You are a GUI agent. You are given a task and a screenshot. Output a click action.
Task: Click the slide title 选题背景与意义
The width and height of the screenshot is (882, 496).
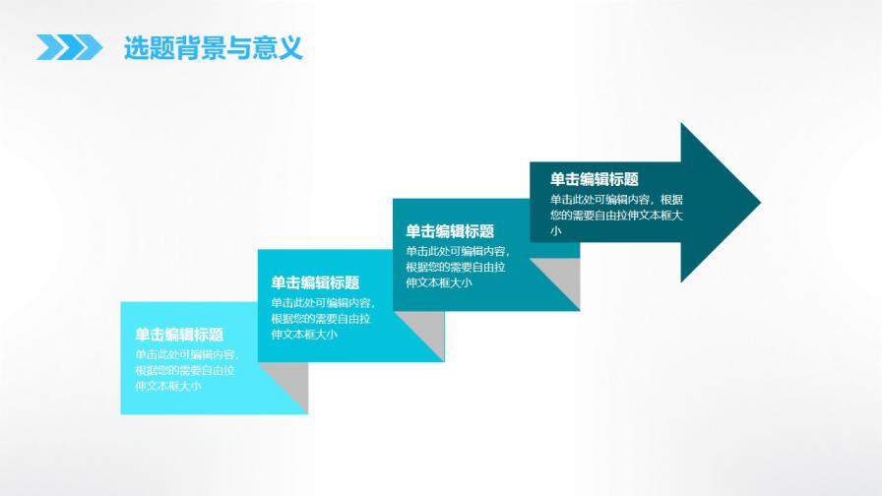pyautogui.click(x=213, y=47)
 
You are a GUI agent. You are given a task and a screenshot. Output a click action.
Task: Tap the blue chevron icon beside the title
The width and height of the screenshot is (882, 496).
pyautogui.click(x=70, y=47)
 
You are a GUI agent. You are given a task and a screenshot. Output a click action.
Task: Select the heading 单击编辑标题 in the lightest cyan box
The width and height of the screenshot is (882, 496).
pyautogui.click(x=179, y=335)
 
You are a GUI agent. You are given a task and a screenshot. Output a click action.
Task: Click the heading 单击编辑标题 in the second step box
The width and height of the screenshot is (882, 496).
pyautogui.click(x=315, y=282)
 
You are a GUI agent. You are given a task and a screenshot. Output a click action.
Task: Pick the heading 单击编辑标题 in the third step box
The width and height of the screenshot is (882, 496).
pyautogui.click(x=450, y=230)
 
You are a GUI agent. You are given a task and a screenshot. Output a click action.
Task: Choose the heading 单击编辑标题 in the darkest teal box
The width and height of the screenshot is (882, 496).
pyautogui.click(x=595, y=179)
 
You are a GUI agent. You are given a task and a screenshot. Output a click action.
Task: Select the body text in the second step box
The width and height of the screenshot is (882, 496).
pyautogui.click(x=321, y=318)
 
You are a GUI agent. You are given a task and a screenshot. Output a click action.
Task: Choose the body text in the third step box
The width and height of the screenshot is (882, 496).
pyautogui.click(x=457, y=267)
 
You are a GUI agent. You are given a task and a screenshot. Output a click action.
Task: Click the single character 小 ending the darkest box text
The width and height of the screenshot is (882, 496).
pyautogui.click(x=556, y=231)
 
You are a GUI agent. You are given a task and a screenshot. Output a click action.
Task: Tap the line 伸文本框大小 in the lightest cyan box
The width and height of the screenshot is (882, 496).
pyautogui.click(x=168, y=386)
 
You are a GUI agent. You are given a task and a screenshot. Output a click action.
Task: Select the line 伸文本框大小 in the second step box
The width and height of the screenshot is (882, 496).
pyautogui.click(x=304, y=335)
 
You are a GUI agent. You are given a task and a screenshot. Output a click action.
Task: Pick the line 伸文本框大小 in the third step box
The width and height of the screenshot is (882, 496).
pyautogui.click(x=439, y=283)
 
